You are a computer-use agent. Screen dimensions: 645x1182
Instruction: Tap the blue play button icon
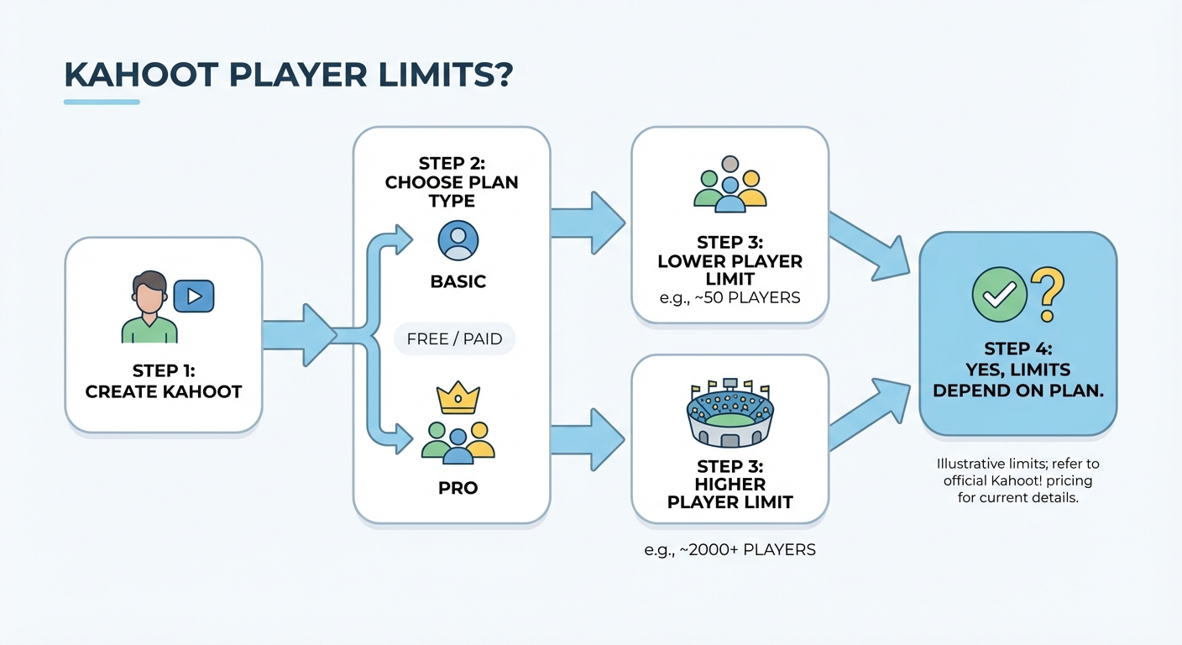[x=193, y=296]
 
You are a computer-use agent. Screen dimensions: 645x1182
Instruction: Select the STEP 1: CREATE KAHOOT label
[x=163, y=381]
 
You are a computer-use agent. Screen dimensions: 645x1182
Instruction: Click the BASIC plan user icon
[x=458, y=241]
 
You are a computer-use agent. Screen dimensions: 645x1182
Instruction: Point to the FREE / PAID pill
[x=454, y=339]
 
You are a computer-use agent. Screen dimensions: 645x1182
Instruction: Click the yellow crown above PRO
[x=458, y=396]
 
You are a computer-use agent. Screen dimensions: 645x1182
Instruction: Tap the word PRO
[x=458, y=488]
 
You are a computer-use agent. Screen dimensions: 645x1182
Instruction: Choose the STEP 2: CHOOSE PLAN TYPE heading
[x=452, y=182]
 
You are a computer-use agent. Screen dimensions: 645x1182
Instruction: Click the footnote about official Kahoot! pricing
[x=1017, y=480]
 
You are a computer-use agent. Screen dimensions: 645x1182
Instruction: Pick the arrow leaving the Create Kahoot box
[x=298, y=334]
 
